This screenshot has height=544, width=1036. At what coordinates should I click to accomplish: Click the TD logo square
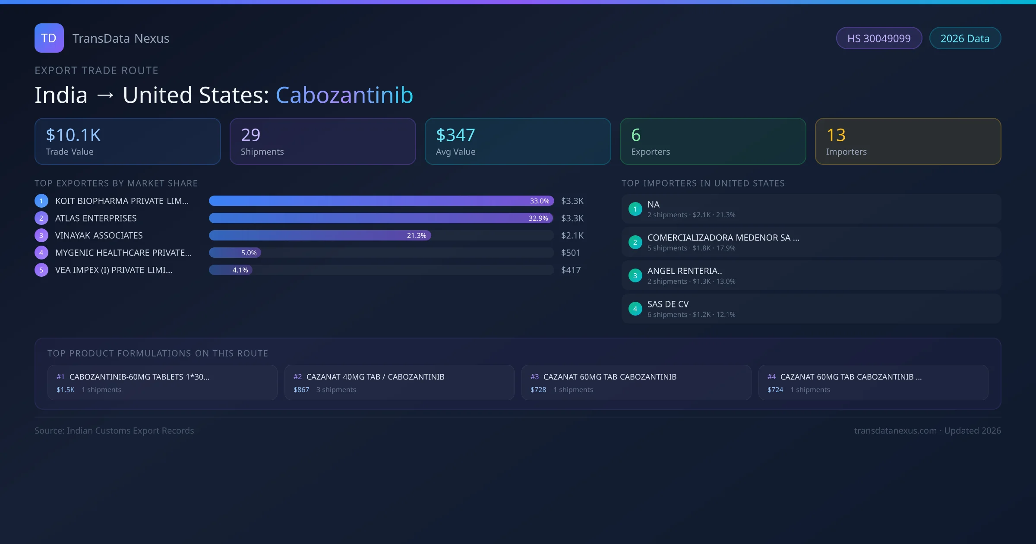[x=49, y=38]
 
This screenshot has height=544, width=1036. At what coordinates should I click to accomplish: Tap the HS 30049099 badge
[x=878, y=38]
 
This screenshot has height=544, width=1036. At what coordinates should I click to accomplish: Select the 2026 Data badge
[x=965, y=38]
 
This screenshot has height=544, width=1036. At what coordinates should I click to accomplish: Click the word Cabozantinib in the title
[x=344, y=95]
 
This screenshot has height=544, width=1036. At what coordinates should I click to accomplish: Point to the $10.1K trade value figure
[x=73, y=135]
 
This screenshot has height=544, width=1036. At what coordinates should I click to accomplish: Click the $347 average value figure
[x=455, y=135]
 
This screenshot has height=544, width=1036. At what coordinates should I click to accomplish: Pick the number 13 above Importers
[x=836, y=135]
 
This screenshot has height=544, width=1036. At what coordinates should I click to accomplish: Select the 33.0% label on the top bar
[x=539, y=201]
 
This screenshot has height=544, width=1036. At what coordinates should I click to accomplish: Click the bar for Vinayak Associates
[x=319, y=235]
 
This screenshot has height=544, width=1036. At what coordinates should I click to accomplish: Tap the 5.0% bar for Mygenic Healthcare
[x=235, y=253]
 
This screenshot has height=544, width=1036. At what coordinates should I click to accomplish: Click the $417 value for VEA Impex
[x=571, y=270]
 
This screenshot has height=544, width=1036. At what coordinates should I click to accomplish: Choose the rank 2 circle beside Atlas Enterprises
[x=41, y=218]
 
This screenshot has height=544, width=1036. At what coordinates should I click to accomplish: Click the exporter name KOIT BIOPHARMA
[x=122, y=201]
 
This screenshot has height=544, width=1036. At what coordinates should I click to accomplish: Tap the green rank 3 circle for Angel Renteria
[x=635, y=275]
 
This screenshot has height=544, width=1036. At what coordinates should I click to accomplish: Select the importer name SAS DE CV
[x=668, y=304]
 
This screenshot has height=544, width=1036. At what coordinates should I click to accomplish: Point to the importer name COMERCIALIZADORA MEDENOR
[x=723, y=238]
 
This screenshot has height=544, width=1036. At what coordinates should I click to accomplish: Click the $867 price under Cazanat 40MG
[x=301, y=390]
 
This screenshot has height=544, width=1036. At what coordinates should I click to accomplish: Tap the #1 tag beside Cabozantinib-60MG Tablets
[x=60, y=377]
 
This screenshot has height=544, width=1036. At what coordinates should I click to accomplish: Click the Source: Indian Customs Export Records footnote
[x=114, y=431]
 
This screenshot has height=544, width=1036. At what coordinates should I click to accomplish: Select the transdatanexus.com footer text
[x=895, y=431]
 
